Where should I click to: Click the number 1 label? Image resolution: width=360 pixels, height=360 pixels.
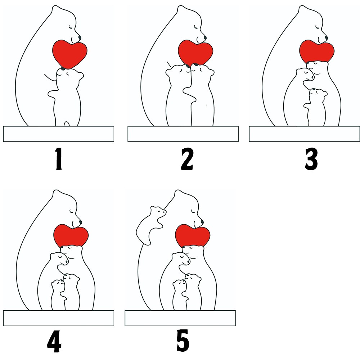[59, 159]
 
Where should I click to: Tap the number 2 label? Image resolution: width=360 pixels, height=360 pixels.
[187, 159]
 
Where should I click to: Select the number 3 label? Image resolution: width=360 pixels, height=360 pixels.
[311, 159]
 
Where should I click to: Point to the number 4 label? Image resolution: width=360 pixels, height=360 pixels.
[54, 341]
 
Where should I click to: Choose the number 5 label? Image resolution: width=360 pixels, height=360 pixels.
[183, 340]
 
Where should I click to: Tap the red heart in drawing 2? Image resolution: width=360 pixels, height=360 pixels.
[195, 53]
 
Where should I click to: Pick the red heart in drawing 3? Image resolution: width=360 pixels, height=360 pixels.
[317, 51]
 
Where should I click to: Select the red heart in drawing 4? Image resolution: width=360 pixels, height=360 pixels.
[71, 236]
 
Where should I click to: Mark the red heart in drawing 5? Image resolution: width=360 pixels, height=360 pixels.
[193, 236]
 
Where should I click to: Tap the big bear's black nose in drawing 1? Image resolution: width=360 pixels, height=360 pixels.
[80, 37]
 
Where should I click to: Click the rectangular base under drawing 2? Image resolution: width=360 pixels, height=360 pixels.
[183, 134]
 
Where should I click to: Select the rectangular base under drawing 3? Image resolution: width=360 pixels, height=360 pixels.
[305, 134]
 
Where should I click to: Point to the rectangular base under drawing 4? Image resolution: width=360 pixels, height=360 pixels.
[59, 318]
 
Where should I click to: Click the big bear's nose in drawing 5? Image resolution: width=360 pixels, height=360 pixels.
[202, 222]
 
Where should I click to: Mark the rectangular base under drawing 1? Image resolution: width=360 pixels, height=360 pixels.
[59, 134]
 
